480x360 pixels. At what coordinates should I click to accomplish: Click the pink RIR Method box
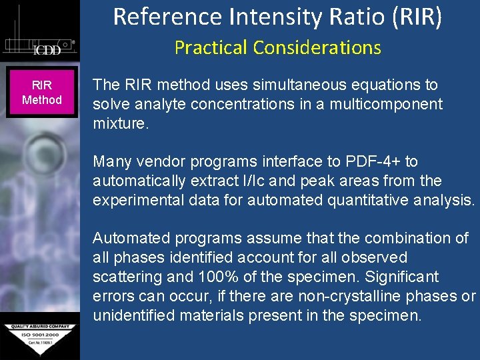[x=42, y=93]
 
